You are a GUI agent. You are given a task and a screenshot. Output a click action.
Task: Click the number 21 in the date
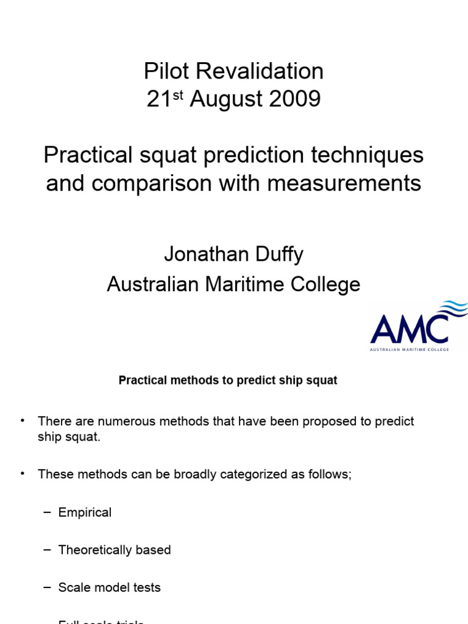(x=158, y=99)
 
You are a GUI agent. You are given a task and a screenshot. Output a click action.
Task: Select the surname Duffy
(x=277, y=254)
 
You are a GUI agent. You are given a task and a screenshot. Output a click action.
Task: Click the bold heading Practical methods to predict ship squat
(x=228, y=380)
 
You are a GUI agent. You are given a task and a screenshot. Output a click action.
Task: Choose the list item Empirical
(x=85, y=512)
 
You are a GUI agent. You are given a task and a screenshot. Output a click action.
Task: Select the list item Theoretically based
(x=115, y=550)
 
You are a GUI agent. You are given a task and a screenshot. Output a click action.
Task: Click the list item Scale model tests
(x=110, y=587)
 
